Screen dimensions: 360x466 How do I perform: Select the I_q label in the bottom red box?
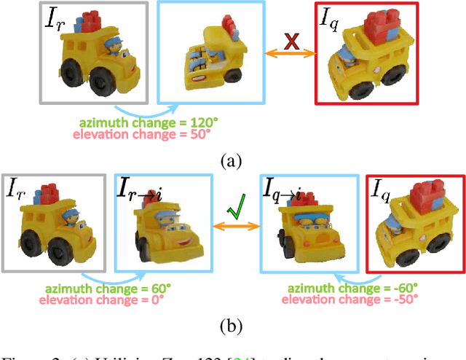click(381, 192)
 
